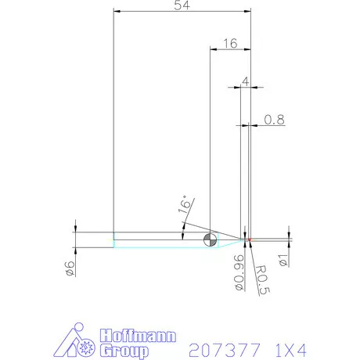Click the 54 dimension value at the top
pyautogui.click(x=182, y=5)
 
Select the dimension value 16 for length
pyautogui.click(x=230, y=44)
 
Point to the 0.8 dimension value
pyautogui.click(x=274, y=119)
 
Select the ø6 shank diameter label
pyautogui.click(x=70, y=268)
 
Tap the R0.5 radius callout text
pyautogui.click(x=263, y=279)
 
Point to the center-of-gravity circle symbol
pyautogui.click(x=210, y=240)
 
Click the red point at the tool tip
pyautogui.click(x=248, y=239)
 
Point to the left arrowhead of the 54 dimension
pyautogui.click(x=117, y=12)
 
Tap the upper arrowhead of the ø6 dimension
pyautogui.click(x=74, y=229)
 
